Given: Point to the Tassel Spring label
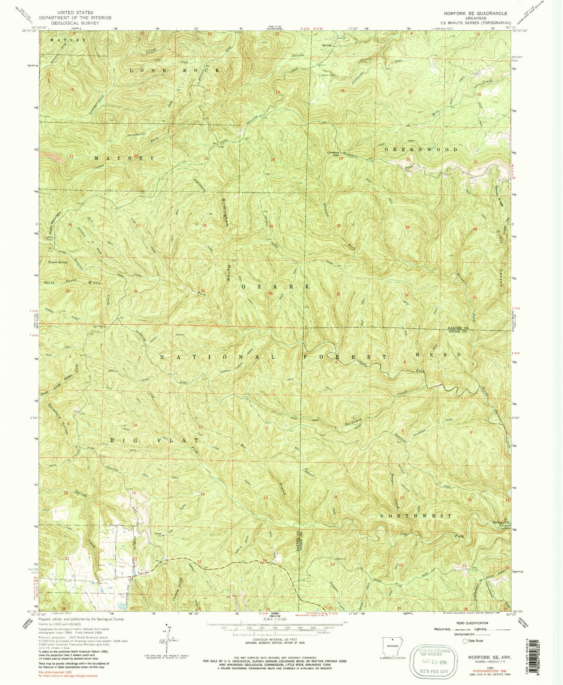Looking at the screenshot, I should point(57,262).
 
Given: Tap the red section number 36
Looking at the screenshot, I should point(270,294).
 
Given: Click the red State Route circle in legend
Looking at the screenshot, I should point(465,641).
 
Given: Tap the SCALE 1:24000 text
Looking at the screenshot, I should point(275,619).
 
